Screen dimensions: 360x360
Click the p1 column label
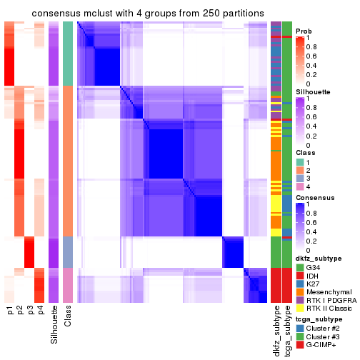tap(10, 311)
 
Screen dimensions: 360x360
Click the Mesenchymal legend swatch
tap(299, 291)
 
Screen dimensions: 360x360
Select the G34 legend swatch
tap(299, 267)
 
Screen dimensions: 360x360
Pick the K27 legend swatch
tap(299, 284)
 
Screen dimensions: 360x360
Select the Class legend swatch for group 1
tap(299, 161)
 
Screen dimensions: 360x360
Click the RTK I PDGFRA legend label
tap(330, 300)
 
